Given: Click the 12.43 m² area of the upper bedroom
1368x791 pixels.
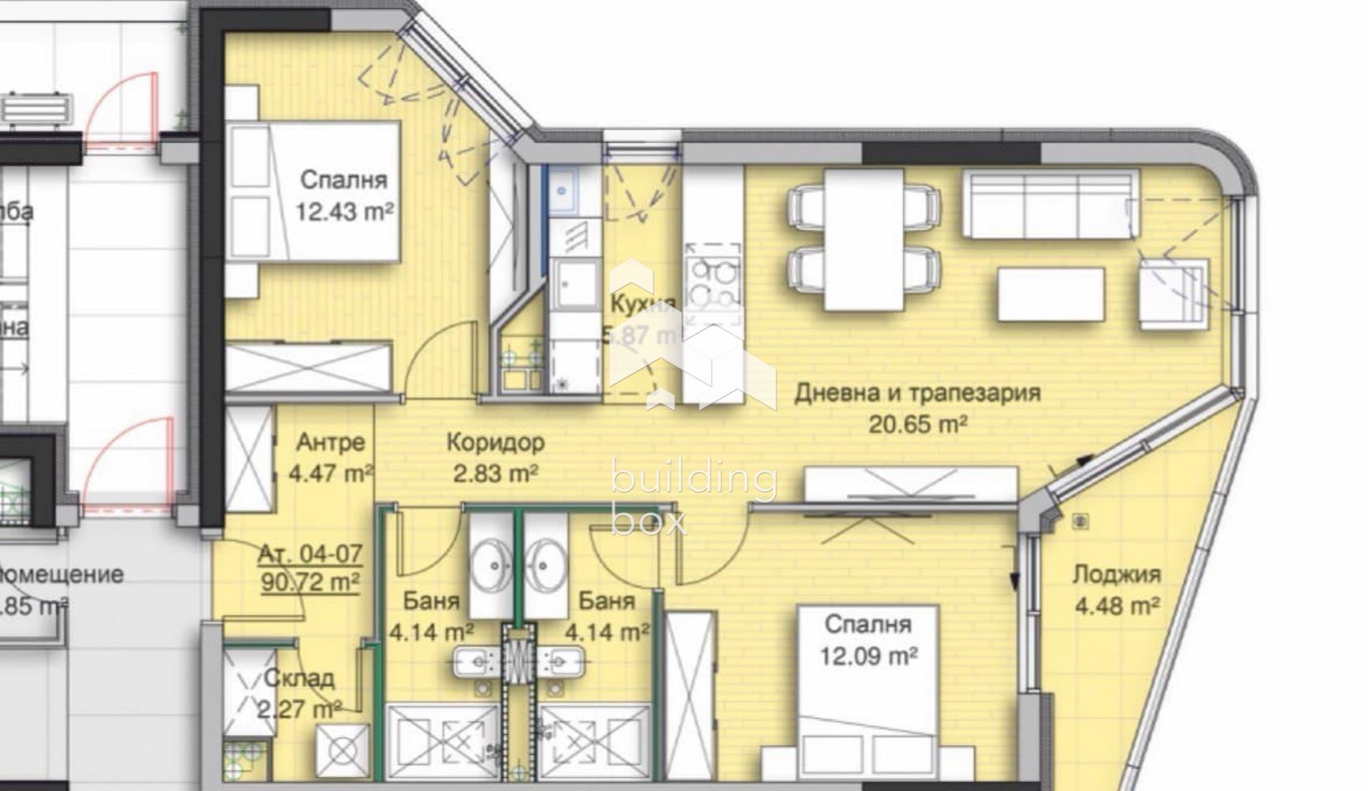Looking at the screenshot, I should coord(345,212).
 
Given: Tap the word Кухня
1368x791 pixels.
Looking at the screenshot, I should coord(642,304).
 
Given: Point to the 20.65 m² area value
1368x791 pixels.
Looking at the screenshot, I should coord(918,425).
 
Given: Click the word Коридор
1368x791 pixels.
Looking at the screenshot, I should coord(495,442).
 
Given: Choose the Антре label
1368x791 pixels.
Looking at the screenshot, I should coord(331,442).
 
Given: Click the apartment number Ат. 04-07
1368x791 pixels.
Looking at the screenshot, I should coord(310,553).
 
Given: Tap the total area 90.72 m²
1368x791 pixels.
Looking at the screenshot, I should coord(310,583).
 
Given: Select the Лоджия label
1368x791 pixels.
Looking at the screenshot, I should coord(1116,575).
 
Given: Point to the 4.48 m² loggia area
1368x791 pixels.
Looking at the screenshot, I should coord(1117,607).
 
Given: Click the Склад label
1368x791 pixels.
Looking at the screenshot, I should coord(299,678).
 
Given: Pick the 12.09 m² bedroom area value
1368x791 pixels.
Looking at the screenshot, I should coord(868,656).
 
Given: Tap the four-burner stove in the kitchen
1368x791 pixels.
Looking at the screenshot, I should coord(713,282).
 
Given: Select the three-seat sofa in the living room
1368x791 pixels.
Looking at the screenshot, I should coord(1051,202).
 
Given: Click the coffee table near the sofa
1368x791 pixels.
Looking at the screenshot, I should coord(1051,294).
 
